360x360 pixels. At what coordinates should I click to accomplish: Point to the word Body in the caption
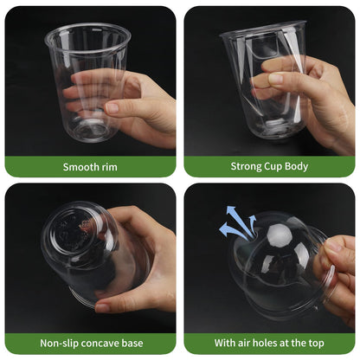click(297, 166)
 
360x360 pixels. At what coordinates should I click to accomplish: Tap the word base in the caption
click(132, 344)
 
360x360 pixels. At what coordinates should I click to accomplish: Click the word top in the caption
click(317, 343)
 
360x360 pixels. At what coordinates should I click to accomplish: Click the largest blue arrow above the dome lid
click(232, 230)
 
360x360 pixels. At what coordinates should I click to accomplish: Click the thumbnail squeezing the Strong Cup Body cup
click(275, 79)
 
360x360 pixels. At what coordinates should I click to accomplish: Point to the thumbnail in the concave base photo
click(102, 307)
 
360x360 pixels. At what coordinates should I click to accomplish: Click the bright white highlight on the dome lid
click(279, 235)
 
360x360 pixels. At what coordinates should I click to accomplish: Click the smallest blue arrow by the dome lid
click(253, 223)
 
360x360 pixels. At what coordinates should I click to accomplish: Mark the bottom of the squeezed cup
click(275, 127)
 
